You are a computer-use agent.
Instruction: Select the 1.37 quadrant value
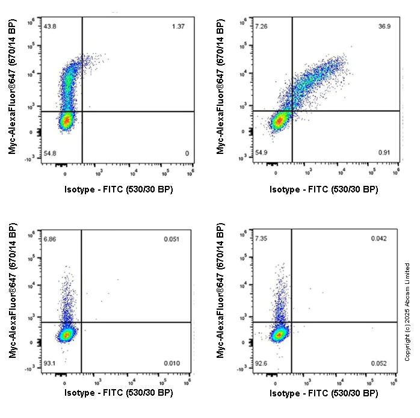pos(179,26)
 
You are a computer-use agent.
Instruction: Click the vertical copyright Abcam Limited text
pos(407,312)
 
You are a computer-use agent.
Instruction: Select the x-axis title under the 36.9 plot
pos(324,189)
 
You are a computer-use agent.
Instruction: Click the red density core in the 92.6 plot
pos(277,334)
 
